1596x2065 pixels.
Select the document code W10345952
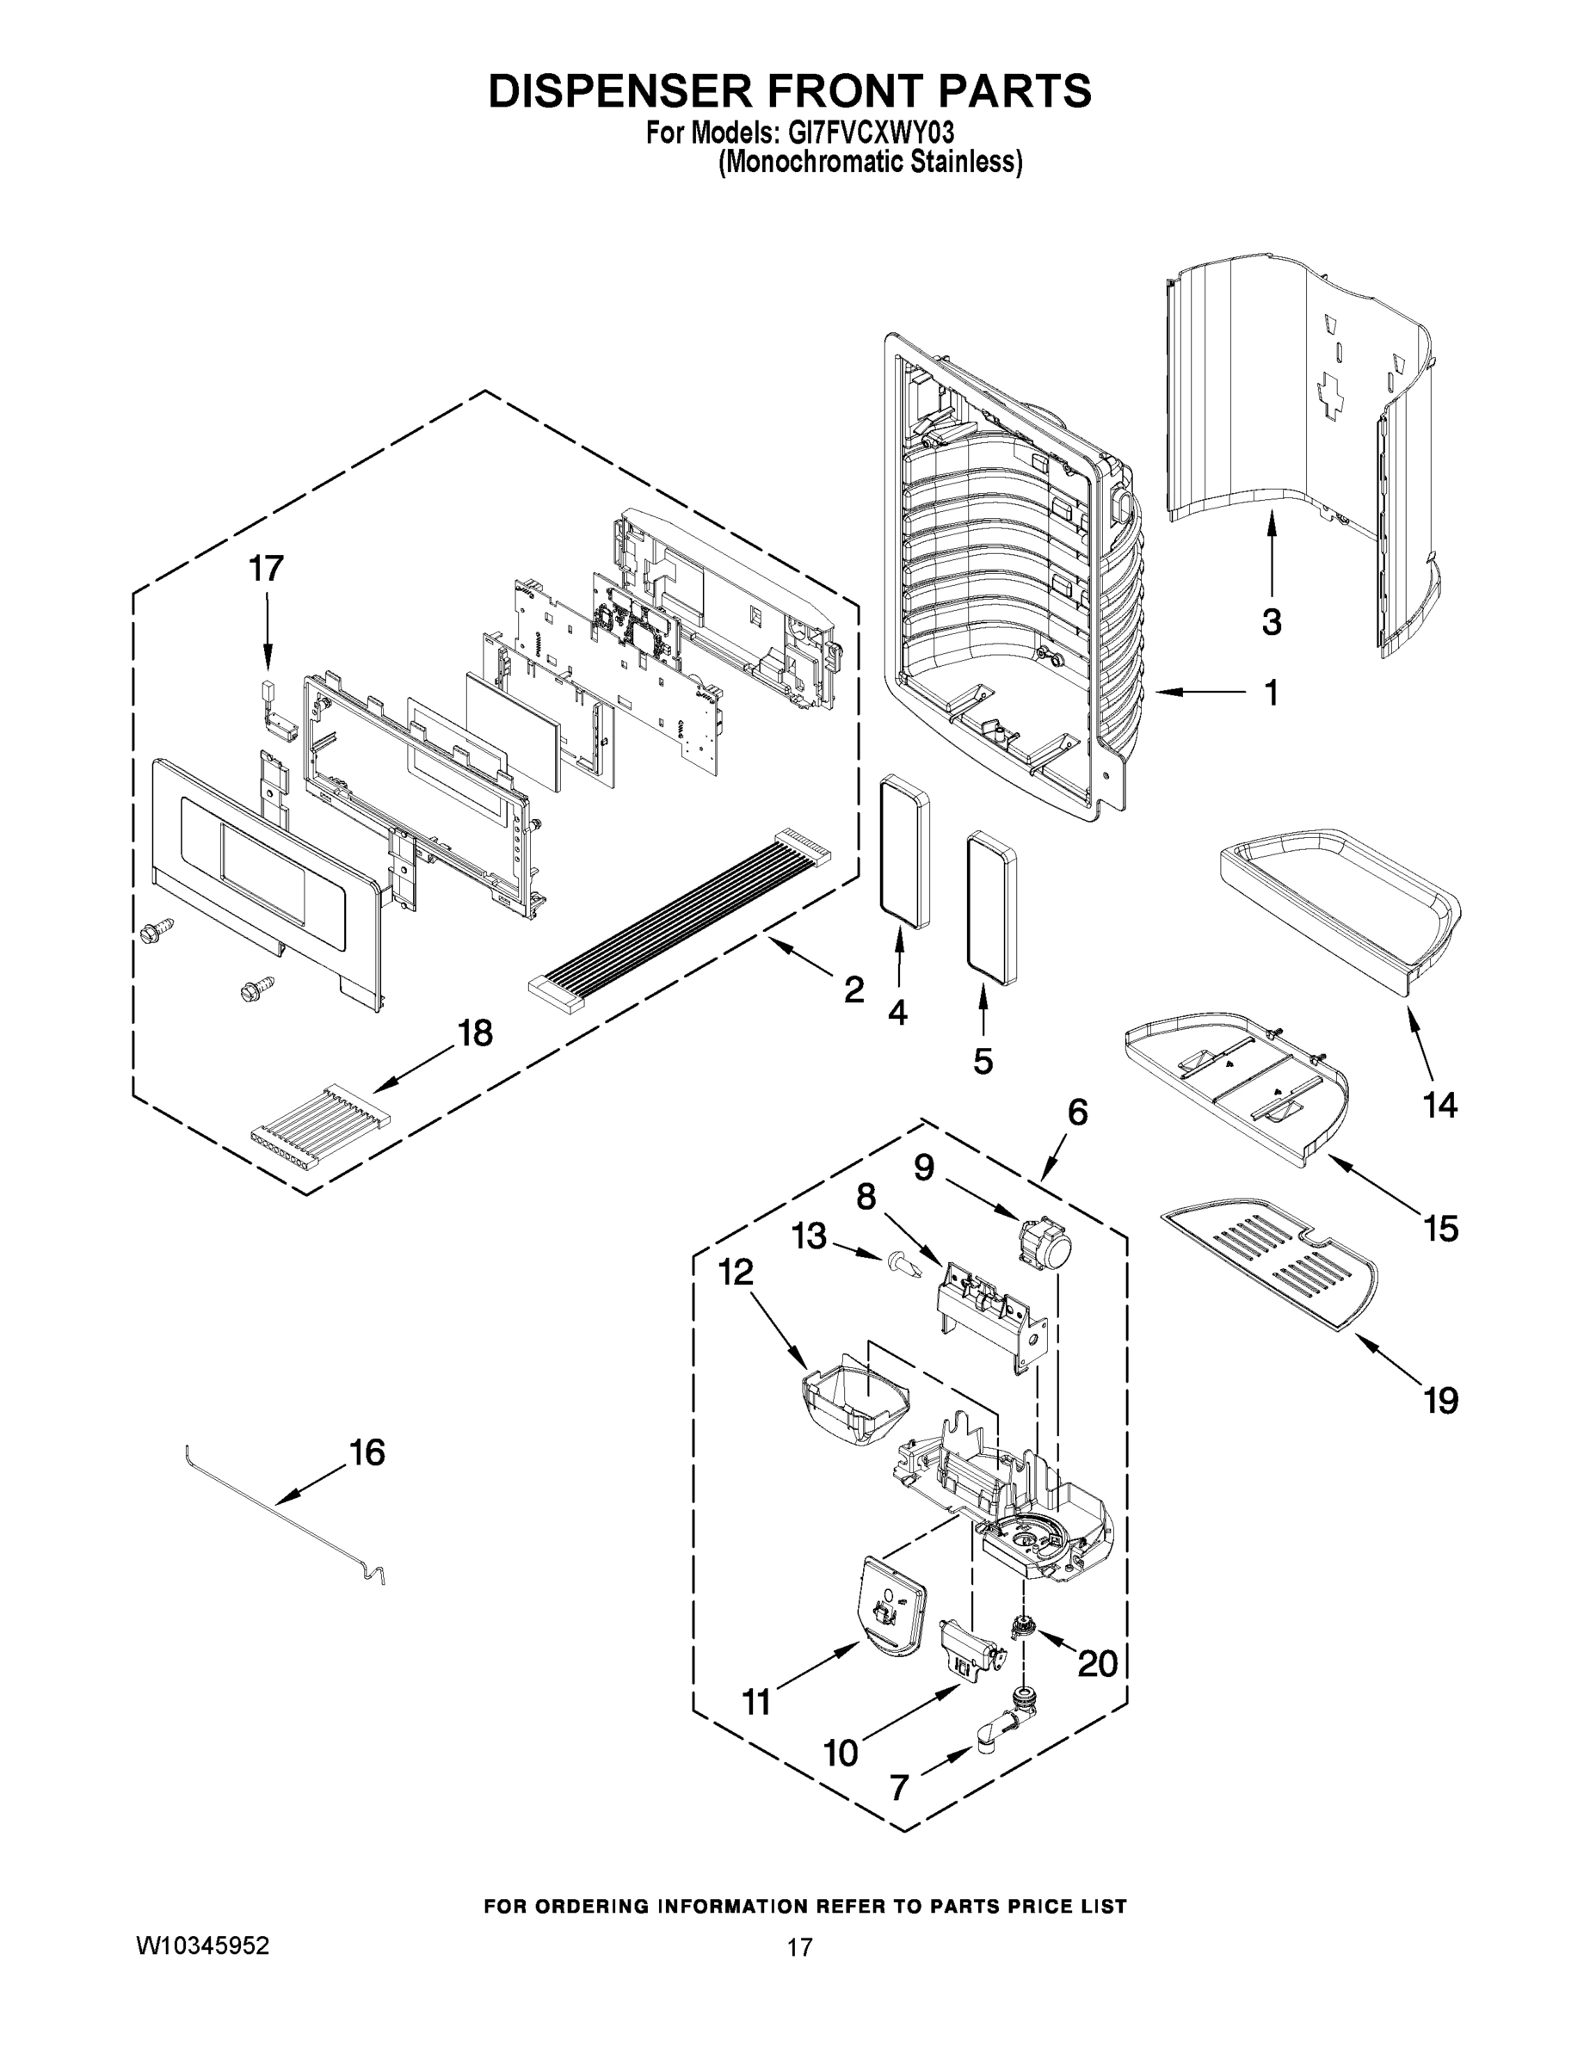[x=203, y=1947]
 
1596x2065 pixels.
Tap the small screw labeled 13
[x=899, y=1261]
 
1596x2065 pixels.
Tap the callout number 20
[x=1098, y=1663]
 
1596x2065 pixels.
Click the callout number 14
[x=1440, y=1105]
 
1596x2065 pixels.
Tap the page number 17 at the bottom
[x=799, y=1947]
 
